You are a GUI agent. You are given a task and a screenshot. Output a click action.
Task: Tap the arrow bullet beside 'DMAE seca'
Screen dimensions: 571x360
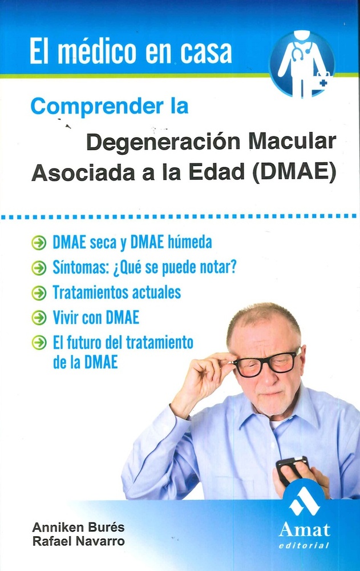[x=39, y=243]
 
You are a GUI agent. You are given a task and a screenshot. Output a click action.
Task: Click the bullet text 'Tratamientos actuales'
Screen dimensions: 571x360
[x=116, y=292]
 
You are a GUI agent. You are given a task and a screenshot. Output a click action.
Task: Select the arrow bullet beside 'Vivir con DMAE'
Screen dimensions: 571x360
[x=39, y=317]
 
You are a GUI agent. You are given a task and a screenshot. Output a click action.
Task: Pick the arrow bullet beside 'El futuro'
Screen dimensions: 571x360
[x=39, y=343]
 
